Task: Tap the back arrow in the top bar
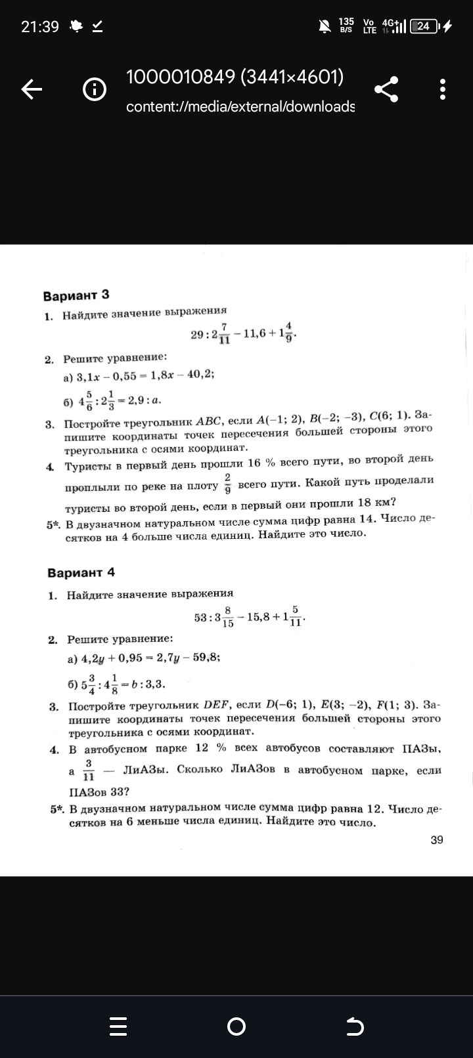[x=32, y=89]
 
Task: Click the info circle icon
[x=95, y=89]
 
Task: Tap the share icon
[x=386, y=89]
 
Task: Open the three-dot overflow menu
[x=443, y=89]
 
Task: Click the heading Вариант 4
[x=81, y=572]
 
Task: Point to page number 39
[x=437, y=839]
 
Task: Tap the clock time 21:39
[x=40, y=26]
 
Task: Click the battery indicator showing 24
[x=424, y=26]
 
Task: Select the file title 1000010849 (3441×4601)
[x=235, y=77]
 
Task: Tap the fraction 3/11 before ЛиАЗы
[x=89, y=770]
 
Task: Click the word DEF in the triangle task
[x=215, y=705]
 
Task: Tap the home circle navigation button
[x=236, y=1026]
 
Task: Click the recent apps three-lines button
[x=118, y=1026]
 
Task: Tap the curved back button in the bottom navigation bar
[x=354, y=1026]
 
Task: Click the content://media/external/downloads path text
[x=240, y=106]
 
